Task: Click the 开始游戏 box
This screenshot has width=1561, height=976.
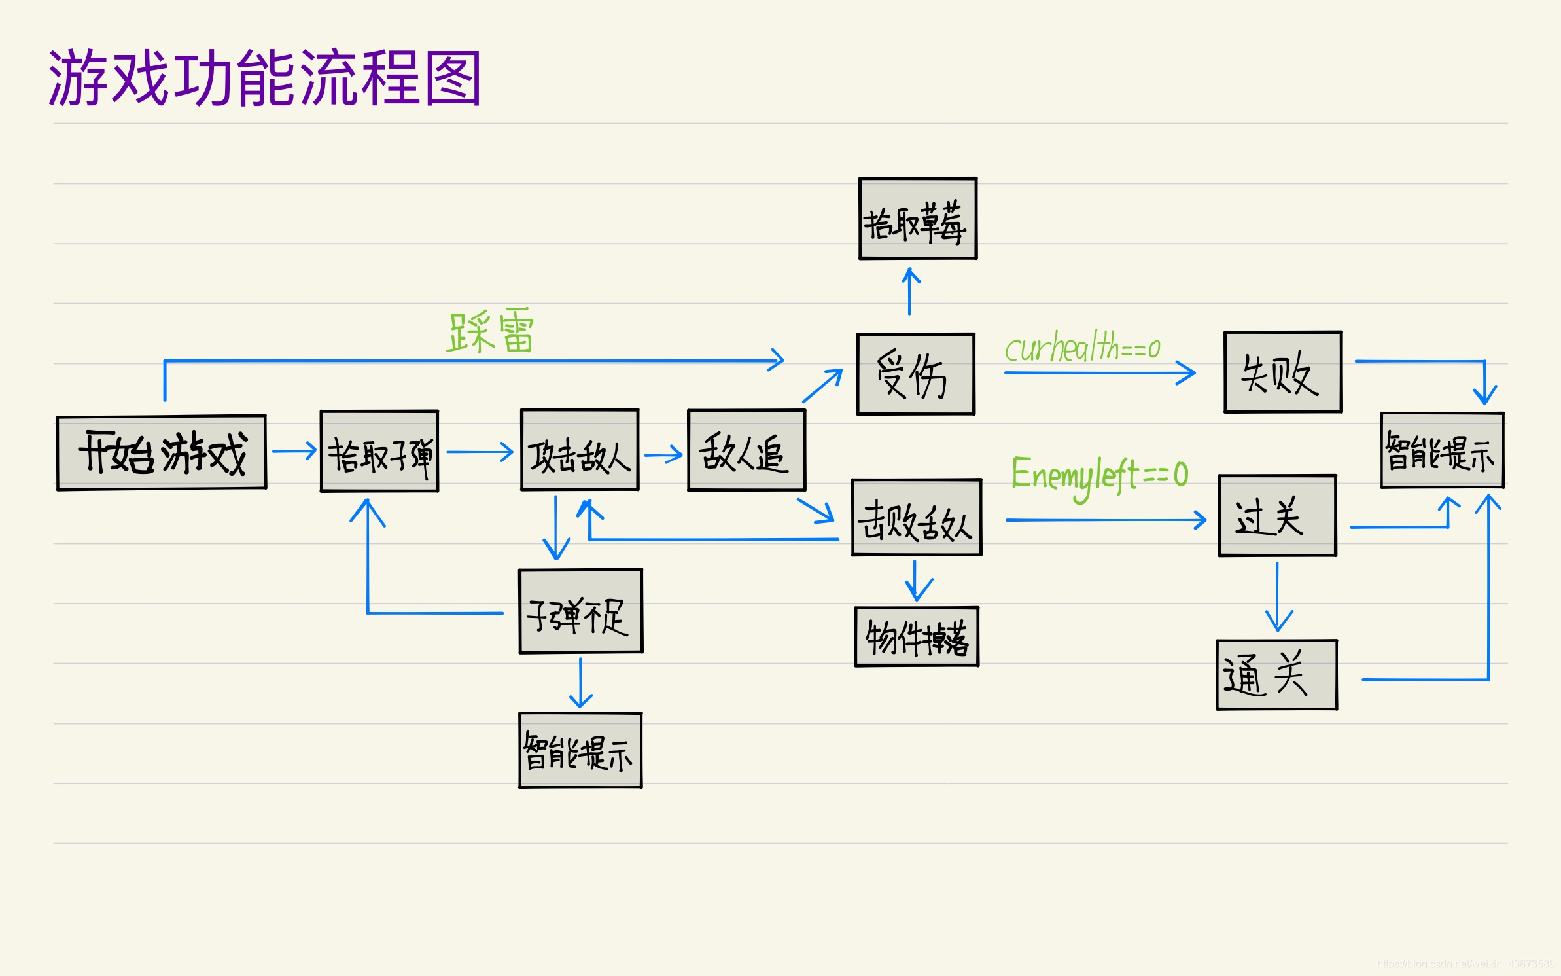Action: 162,452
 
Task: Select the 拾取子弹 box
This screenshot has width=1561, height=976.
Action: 379,452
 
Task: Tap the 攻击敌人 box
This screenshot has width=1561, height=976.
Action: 580,450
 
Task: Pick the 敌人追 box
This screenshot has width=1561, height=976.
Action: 746,450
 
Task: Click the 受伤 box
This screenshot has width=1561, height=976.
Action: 916,374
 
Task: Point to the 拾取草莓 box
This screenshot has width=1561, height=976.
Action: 918,219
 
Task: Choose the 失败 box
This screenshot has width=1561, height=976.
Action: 1283,372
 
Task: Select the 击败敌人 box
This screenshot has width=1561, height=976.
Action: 917,518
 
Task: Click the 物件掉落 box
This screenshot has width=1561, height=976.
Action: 917,637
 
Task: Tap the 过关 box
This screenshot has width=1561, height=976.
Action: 1277,516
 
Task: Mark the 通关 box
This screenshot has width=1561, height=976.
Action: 1276,675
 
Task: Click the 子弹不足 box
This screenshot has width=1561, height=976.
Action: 580,611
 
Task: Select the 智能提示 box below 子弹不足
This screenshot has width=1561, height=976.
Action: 580,750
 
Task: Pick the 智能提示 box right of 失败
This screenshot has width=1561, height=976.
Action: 1442,450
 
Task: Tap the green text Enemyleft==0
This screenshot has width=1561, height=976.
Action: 1100,475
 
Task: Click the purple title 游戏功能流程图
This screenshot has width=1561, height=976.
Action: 265,78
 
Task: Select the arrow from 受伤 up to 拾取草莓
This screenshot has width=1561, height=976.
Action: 909,291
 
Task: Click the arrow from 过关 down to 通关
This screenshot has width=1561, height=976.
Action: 1278,596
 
